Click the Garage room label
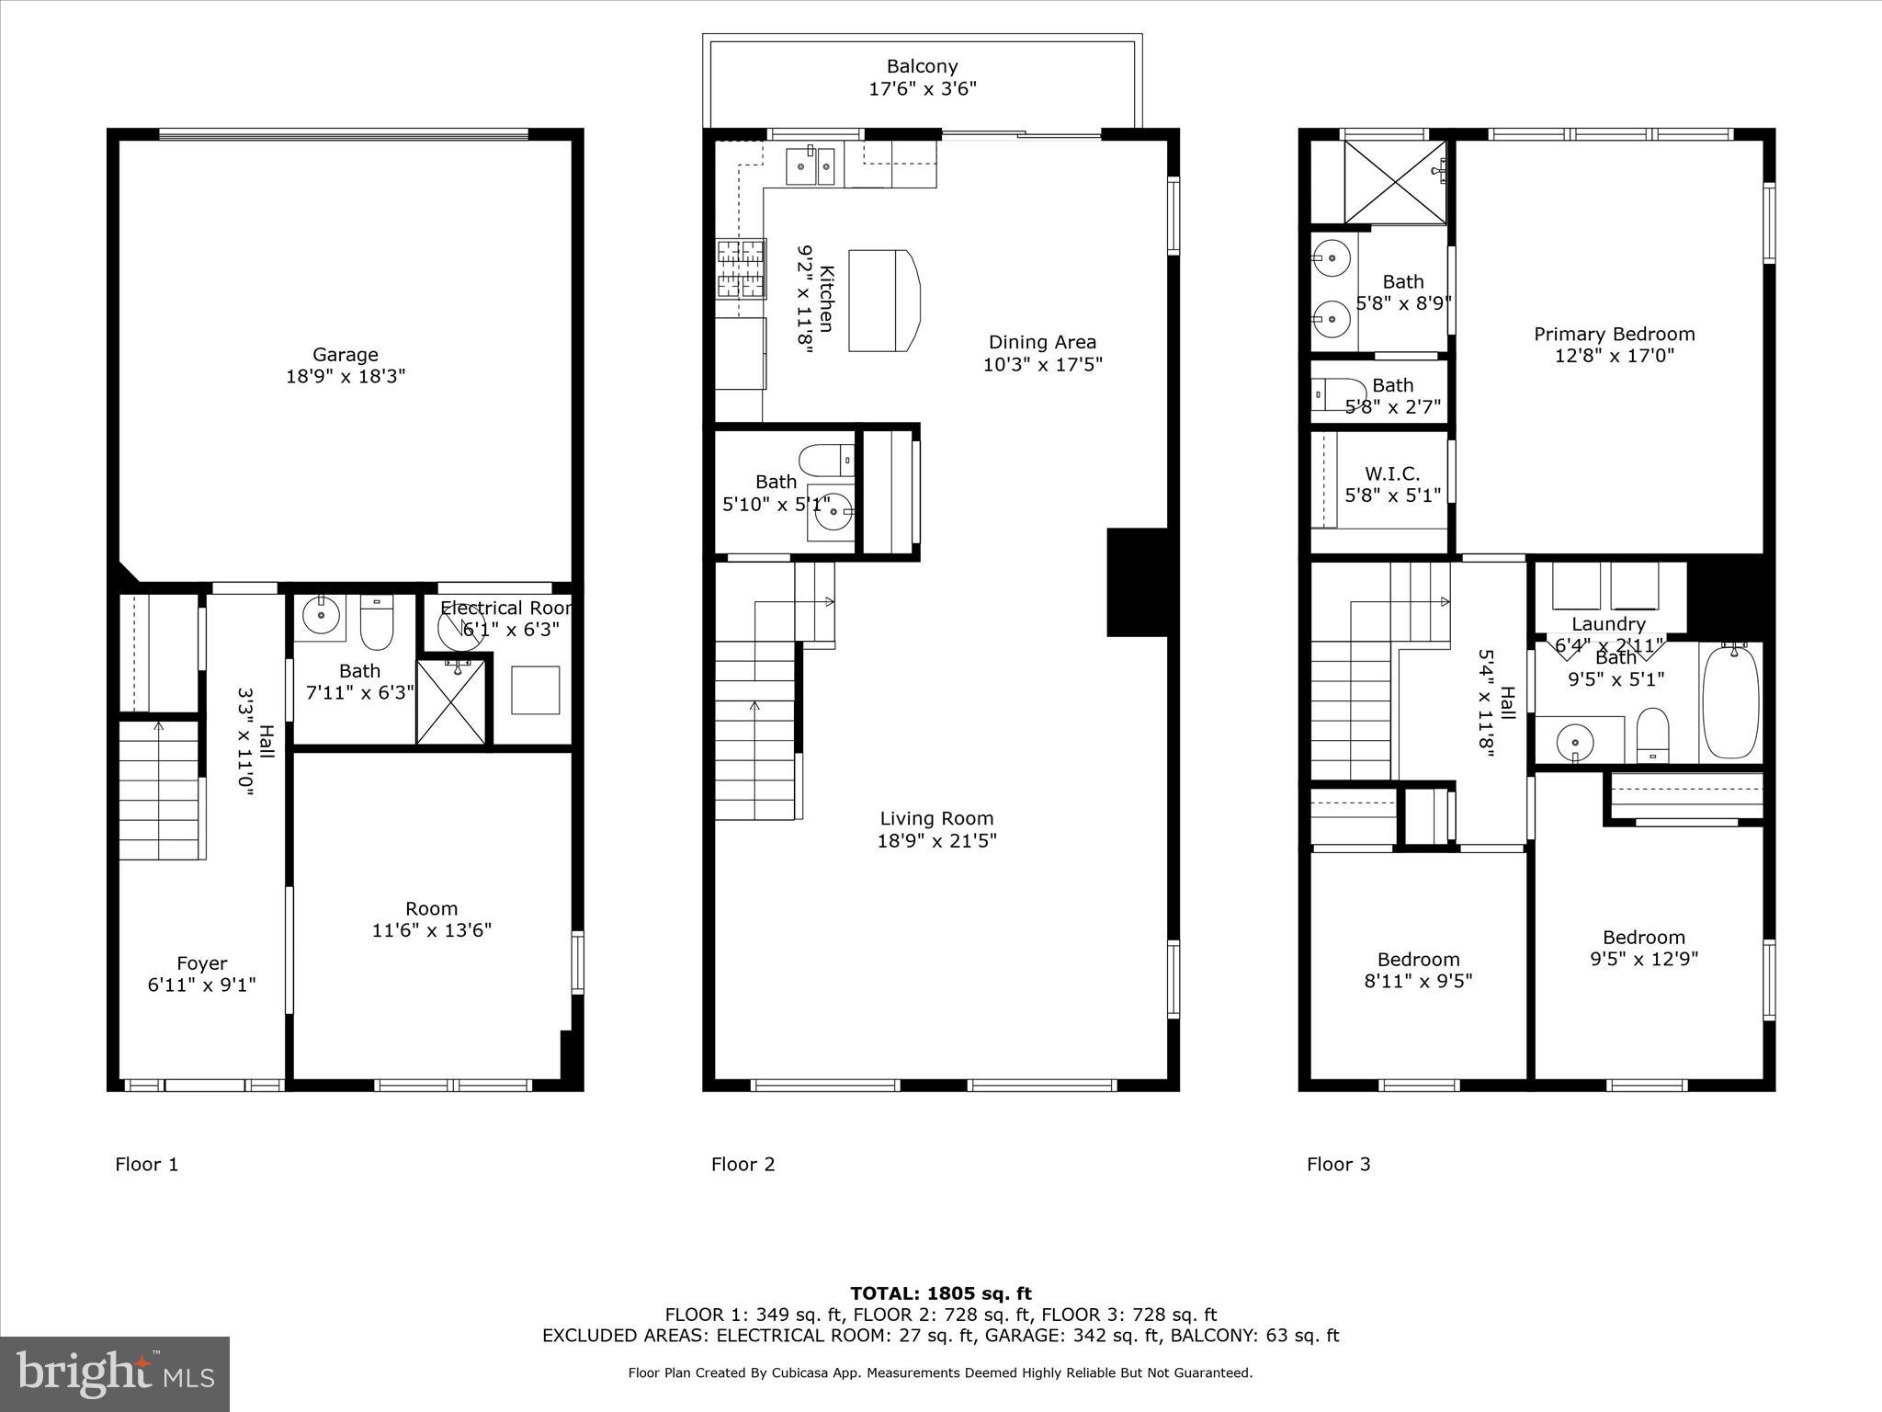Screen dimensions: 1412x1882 pos(345,355)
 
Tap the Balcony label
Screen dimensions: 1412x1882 pos(922,66)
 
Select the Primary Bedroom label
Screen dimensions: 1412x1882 pos(1614,335)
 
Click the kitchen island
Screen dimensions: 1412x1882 pos(881,301)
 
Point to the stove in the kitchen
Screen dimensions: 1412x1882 pos(741,268)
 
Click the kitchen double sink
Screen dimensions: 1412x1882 pos(811,166)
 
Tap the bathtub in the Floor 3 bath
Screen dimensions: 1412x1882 pos(1730,701)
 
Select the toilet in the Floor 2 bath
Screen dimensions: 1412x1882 pos(825,459)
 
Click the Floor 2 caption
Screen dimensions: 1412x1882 pos(743,1165)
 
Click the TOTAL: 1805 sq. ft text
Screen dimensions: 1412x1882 pos(940,1294)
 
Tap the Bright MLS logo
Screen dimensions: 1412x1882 pos(114,1374)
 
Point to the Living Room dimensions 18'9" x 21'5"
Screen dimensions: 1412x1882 pos(936,840)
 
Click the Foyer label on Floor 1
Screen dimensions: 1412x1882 pos(201,963)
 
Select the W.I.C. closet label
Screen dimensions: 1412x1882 pos(1391,474)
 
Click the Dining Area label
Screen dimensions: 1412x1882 pos(1042,342)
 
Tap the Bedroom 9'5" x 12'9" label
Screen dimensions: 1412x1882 pos(1643,938)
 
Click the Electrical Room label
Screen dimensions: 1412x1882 pos(505,609)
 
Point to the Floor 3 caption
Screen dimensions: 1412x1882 pos(1338,1165)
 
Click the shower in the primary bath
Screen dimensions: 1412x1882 pos(1394,182)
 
